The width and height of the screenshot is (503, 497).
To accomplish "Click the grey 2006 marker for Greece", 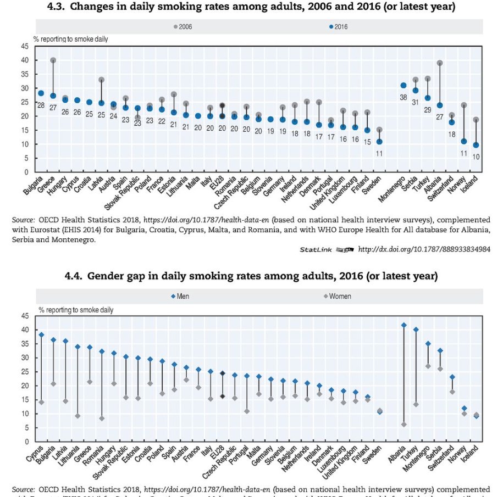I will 53,60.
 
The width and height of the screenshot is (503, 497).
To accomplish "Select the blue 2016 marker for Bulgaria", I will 41,93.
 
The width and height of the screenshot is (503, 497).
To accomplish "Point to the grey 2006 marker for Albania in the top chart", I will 440,63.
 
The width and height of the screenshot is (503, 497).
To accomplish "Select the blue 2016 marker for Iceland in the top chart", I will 476,146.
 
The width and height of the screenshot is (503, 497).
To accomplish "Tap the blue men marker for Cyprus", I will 41,334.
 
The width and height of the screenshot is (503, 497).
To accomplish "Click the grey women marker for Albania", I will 404,424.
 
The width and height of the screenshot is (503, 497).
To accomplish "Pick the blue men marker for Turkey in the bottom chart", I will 416,330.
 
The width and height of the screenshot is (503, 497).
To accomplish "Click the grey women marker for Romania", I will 102,418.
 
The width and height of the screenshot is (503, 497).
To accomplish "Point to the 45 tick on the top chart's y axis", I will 24,46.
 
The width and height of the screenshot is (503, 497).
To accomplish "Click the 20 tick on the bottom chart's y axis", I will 24,386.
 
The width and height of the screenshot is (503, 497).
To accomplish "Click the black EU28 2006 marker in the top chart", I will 222,105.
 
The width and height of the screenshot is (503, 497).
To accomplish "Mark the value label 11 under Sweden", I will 379,153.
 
